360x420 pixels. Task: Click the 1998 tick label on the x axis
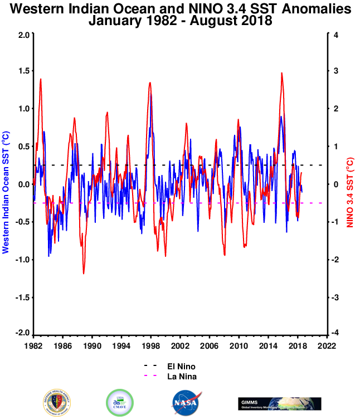150,345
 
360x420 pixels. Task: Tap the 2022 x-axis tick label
326,345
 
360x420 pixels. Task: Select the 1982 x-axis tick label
33,345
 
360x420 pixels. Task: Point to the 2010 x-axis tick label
239,345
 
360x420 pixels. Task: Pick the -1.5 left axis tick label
22,297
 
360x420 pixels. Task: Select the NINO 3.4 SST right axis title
350,184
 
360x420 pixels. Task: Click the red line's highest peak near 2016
282,73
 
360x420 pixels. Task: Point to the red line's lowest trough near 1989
84,273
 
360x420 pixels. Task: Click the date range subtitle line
181,22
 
